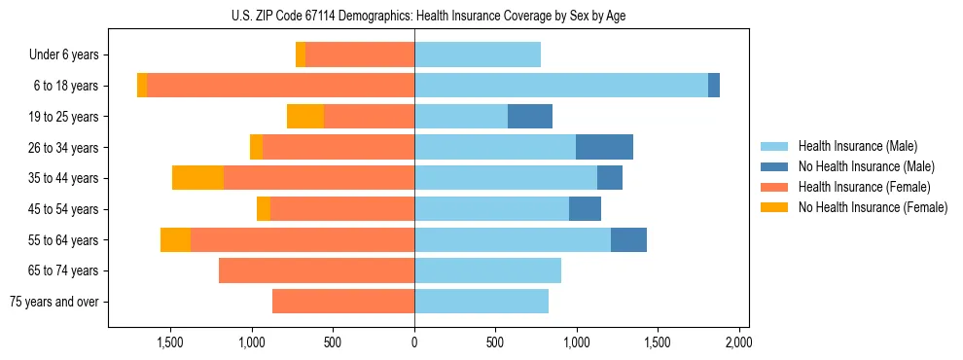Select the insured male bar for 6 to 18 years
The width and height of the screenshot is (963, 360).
pos(561,86)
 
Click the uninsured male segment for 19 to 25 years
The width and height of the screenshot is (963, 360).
pos(530,117)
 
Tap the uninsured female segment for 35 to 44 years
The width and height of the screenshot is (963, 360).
pos(197,178)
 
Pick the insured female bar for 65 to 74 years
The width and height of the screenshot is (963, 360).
pos(316,270)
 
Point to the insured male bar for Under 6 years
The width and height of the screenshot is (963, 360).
pos(478,54)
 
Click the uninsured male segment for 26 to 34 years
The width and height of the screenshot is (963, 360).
pos(604,147)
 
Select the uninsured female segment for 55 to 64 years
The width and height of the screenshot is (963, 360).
pos(175,239)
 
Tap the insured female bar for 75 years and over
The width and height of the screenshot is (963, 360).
pos(343,302)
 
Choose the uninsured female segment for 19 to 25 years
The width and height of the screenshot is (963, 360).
pos(305,117)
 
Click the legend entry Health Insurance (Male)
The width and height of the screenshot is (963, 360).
pos(857,146)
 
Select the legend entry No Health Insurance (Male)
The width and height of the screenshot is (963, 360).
pos(866,166)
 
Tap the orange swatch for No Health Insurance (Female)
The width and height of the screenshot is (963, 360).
pos(774,207)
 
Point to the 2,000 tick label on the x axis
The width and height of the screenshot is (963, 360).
pos(738,342)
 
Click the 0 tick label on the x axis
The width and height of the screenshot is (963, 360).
pos(414,342)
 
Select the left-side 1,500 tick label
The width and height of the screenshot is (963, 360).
pos(170,342)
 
